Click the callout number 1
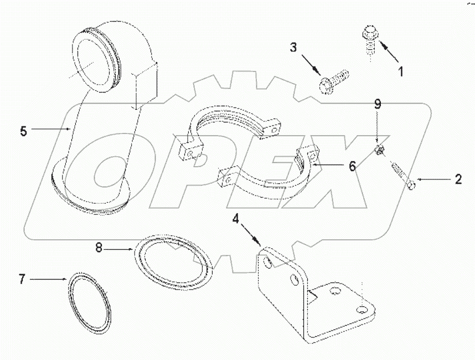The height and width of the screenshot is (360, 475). click(x=401, y=71)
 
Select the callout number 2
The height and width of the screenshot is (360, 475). click(x=458, y=179)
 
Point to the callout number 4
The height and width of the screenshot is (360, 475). click(x=236, y=218)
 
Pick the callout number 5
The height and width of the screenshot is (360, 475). click(x=23, y=131)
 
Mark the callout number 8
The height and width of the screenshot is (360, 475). click(x=99, y=249)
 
